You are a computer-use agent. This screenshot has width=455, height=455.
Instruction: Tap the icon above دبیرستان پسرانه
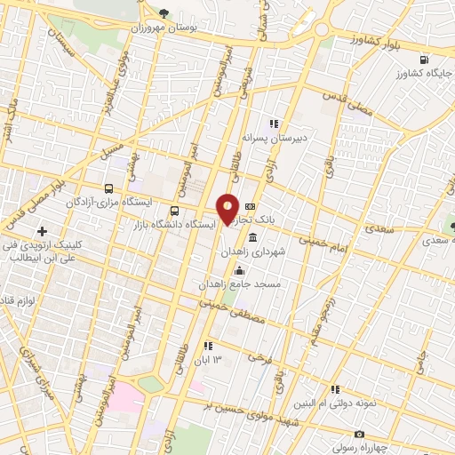[274, 124]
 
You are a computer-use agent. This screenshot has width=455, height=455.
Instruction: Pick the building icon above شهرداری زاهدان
[254, 238]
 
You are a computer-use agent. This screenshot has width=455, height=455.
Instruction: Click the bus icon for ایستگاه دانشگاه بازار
[173, 212]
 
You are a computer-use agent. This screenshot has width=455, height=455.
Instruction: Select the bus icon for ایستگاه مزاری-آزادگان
[108, 188]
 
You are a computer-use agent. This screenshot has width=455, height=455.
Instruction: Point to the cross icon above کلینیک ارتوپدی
[41, 231]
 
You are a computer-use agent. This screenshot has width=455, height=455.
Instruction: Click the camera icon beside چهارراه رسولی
[358, 435]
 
